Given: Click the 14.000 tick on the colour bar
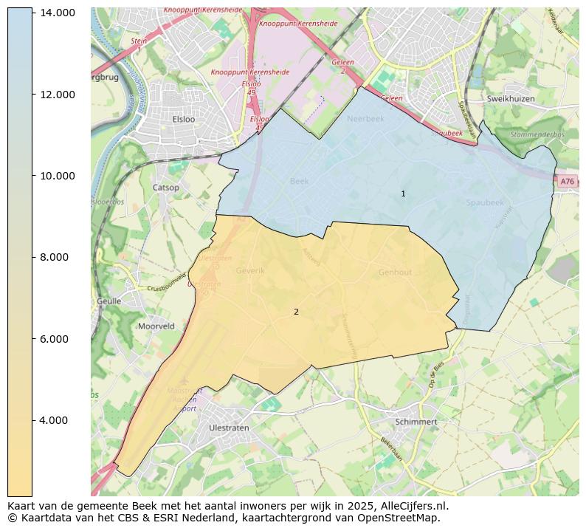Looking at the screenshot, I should tap(57, 13).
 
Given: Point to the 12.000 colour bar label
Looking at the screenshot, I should tap(57, 95).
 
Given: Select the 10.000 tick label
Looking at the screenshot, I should tap(57, 176).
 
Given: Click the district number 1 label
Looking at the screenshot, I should tap(403, 194).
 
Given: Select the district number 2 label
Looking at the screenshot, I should tap(296, 312).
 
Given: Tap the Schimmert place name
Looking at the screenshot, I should tap(416, 422).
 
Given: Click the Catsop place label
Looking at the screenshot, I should tap(165, 188).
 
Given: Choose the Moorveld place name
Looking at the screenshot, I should tap(156, 326).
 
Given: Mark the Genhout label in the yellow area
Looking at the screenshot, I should tap(395, 273).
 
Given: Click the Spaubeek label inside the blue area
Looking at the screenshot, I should tap(485, 202).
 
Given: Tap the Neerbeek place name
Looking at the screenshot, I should tap(365, 118).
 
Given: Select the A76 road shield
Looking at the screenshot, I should tap(566, 182).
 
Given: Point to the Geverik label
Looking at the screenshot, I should tap(250, 270).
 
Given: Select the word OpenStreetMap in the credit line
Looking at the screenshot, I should tap(404, 518).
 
